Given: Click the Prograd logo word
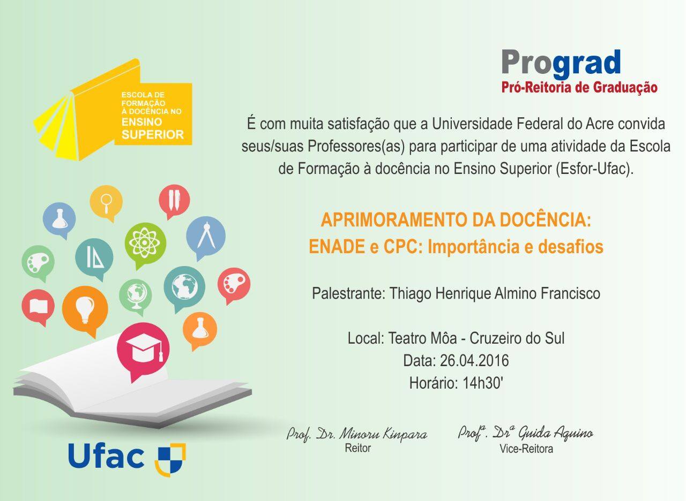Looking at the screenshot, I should pyautogui.click(x=561, y=63).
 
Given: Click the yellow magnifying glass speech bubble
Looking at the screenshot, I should pyautogui.click(x=106, y=201).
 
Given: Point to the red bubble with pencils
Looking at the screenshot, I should pyautogui.click(x=174, y=200).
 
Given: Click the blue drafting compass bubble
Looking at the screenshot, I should pyautogui.click(x=206, y=236).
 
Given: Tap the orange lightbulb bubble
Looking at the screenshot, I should pyautogui.click(x=85, y=308).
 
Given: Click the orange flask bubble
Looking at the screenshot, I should pyautogui.click(x=200, y=328).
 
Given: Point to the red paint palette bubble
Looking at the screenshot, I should pyautogui.click(x=234, y=284).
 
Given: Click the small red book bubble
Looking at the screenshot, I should pyautogui.click(x=38, y=306).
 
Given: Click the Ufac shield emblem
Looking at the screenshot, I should pyautogui.click(x=170, y=459).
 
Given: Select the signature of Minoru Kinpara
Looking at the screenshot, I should pyautogui.click(x=356, y=434).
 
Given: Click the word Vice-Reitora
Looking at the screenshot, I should pyautogui.click(x=526, y=449).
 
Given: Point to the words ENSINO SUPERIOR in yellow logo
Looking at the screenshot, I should pyautogui.click(x=152, y=129).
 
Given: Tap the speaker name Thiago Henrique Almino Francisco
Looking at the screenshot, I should pyautogui.click(x=494, y=293).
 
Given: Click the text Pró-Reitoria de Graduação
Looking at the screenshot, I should pyautogui.click(x=579, y=87).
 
